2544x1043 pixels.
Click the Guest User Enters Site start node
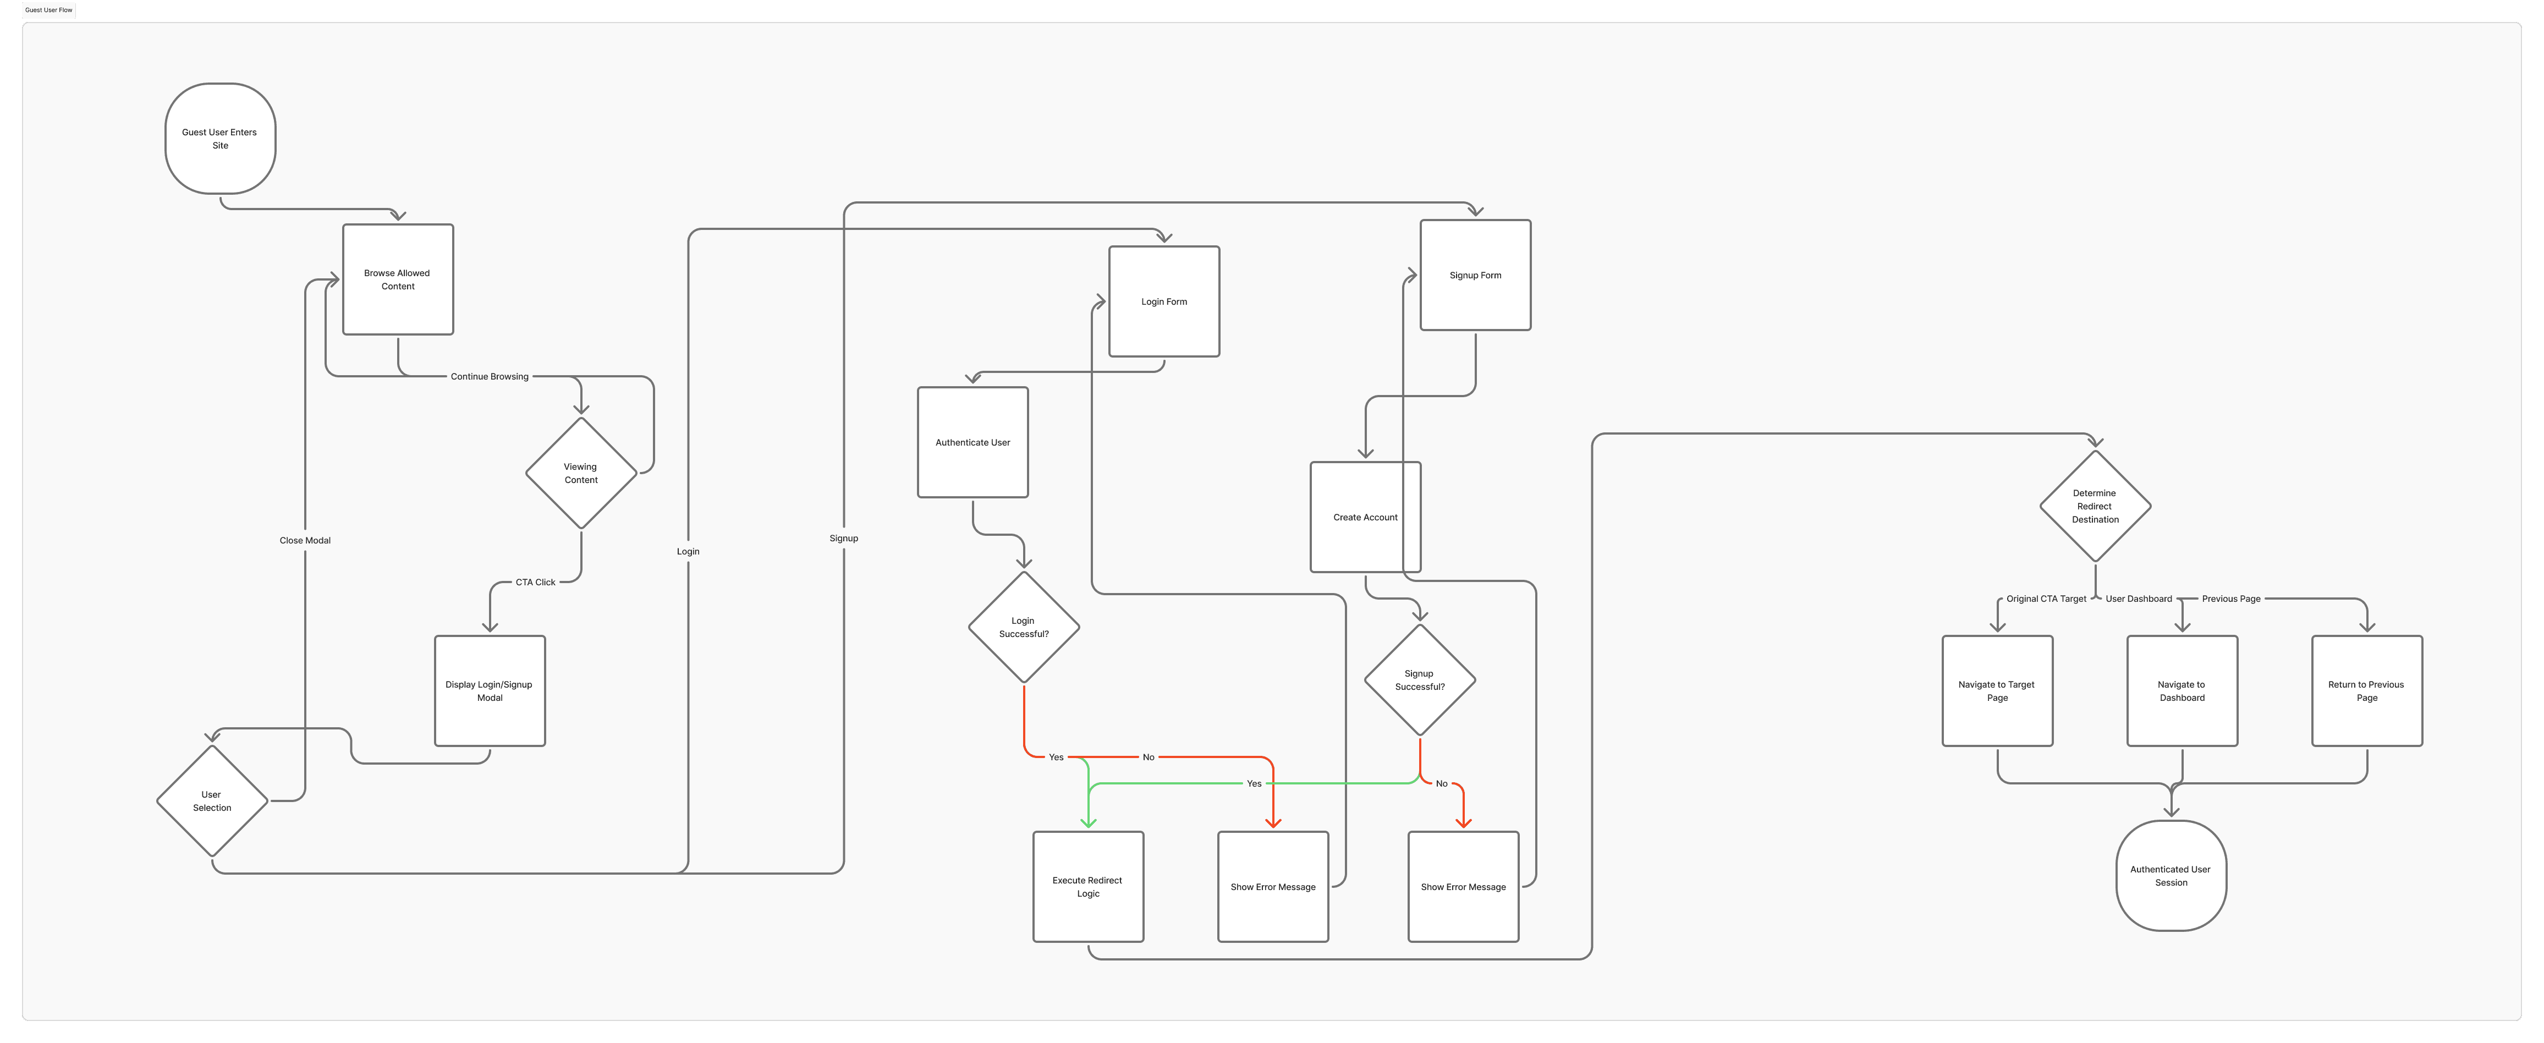(x=220, y=138)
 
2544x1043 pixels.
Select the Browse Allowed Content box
(x=398, y=279)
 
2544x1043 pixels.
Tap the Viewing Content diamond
(x=581, y=473)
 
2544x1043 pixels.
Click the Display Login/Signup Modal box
(x=490, y=690)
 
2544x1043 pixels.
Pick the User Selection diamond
(x=212, y=801)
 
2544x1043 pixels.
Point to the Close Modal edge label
(x=305, y=540)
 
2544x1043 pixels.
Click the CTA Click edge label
(x=535, y=583)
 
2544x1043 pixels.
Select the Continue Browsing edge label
(x=490, y=376)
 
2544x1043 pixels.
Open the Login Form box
(x=1164, y=301)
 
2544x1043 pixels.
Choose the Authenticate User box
(x=972, y=442)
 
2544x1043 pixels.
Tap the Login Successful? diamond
(x=1024, y=627)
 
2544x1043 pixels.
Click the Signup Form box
(x=1475, y=276)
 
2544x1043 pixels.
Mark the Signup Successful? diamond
(x=1420, y=679)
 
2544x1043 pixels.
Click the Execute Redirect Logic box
(x=1089, y=887)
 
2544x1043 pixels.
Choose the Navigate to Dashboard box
(x=2183, y=690)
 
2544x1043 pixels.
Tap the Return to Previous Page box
(x=2367, y=690)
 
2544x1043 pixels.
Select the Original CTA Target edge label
(x=2046, y=599)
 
